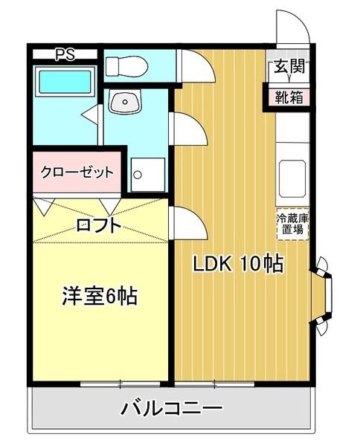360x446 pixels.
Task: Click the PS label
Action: point(65,54)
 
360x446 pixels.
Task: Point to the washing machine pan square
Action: point(148,174)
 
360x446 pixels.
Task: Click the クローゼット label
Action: point(77,172)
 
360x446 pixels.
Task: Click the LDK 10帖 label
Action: point(239,264)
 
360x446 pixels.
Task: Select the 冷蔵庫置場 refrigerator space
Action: point(291,224)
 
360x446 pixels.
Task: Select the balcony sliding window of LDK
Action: point(215,384)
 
